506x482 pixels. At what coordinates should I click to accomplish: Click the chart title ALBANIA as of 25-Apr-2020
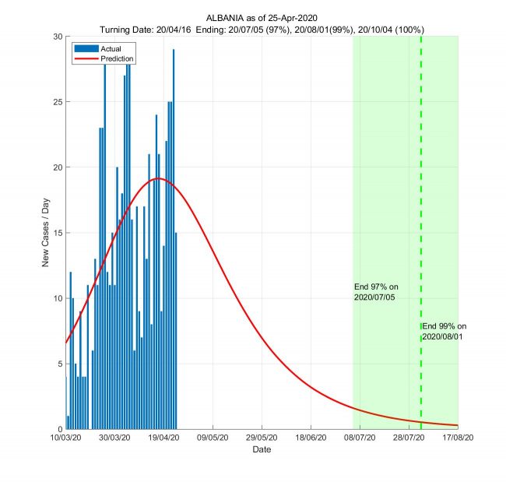coord(262,17)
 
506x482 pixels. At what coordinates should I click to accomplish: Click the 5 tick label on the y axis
coord(59,364)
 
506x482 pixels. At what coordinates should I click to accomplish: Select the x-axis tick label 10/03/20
coord(65,439)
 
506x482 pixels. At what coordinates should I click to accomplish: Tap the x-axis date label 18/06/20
coord(311,439)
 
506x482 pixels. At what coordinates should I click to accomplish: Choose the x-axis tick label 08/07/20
coord(360,439)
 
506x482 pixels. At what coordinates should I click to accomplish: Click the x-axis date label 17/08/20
coord(459,439)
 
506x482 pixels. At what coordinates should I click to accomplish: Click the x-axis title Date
coord(262,450)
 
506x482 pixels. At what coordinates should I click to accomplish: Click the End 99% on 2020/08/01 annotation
coord(444,331)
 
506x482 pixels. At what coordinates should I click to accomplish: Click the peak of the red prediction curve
coord(158,178)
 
